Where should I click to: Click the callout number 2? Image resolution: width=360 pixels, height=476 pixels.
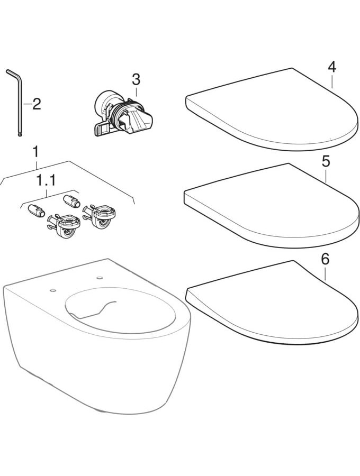tap(37, 104)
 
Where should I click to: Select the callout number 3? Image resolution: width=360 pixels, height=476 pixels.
tap(136, 79)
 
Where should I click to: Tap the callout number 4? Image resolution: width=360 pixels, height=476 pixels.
tap(332, 67)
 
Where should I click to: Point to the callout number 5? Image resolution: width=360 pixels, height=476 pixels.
tap(326, 161)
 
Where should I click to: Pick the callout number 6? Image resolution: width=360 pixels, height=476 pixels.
tap(325, 260)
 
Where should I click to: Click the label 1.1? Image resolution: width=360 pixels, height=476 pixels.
tap(46, 181)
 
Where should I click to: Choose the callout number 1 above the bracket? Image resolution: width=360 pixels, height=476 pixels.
tap(36, 152)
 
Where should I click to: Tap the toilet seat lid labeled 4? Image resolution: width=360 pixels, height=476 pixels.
tap(271, 109)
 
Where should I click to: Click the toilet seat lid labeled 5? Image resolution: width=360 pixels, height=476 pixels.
tap(271, 206)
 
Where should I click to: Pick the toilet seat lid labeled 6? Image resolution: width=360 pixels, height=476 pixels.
tap(271, 304)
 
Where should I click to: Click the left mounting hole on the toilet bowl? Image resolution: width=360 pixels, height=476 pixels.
tap(53, 290)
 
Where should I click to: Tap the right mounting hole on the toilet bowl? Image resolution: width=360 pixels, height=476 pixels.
tap(99, 278)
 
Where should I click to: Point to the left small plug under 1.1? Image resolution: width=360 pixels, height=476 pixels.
tap(36, 210)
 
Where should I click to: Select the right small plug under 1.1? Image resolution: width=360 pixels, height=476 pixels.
tap(71, 201)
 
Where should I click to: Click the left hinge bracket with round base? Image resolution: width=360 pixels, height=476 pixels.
tap(64, 225)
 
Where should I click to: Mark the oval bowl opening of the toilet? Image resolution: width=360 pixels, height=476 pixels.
tap(120, 310)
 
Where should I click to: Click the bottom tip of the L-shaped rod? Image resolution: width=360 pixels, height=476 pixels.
tap(20, 135)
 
